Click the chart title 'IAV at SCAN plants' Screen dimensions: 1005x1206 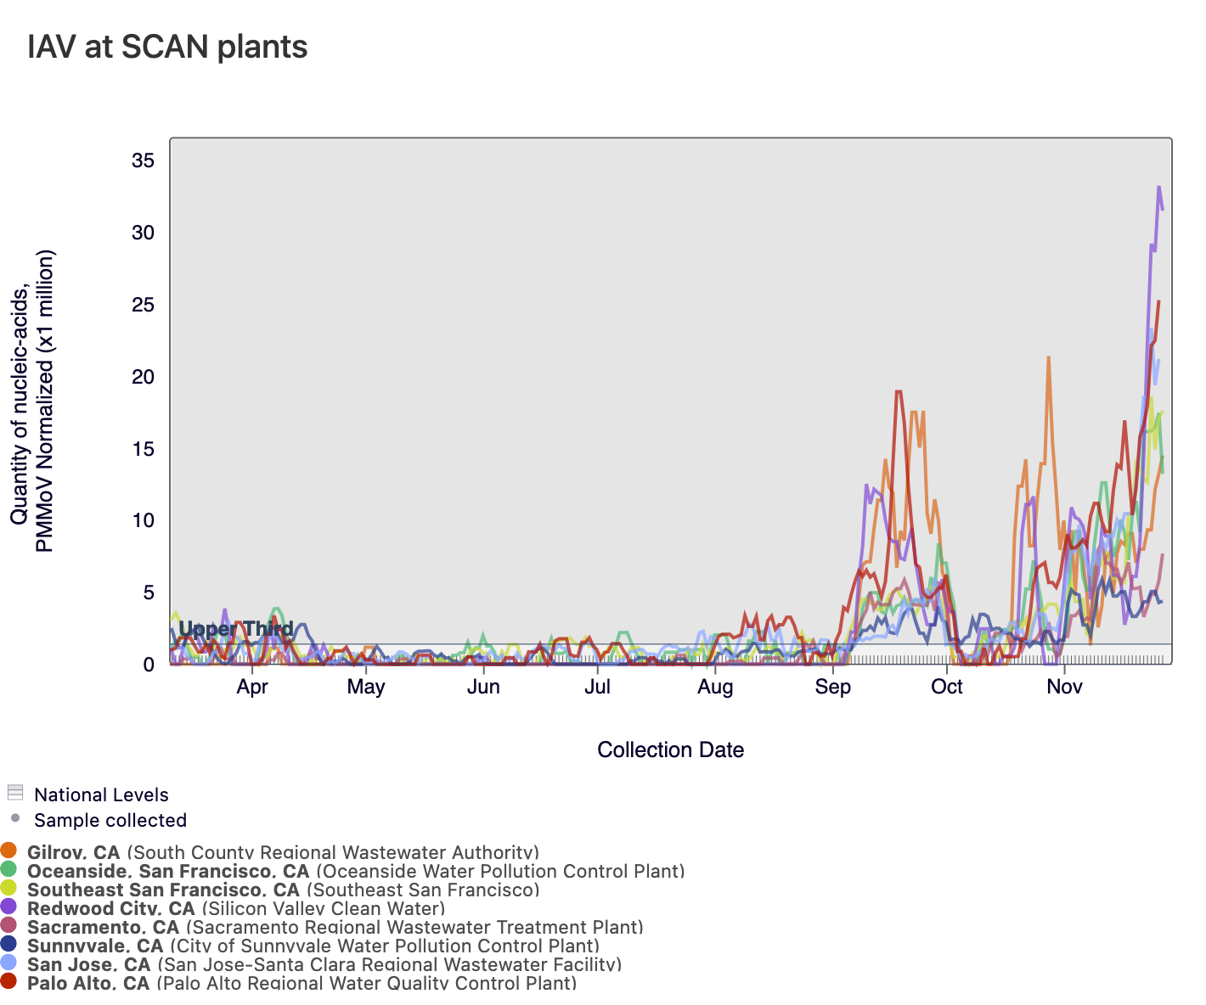(x=167, y=47)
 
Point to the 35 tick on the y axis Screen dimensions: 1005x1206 (x=143, y=160)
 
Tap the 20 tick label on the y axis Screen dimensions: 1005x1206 (x=143, y=377)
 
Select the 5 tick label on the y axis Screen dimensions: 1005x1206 (x=149, y=592)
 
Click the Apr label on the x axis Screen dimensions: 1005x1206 (x=252, y=687)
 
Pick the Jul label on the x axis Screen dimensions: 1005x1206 (x=597, y=687)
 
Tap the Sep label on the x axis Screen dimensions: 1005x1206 (x=832, y=687)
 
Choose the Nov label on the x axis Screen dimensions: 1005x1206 (x=1064, y=687)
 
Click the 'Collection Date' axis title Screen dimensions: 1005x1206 (x=670, y=750)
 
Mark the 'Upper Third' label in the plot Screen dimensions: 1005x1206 (x=236, y=629)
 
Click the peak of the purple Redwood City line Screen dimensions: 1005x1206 (x=1158, y=187)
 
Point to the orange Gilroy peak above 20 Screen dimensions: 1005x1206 (x=1049, y=357)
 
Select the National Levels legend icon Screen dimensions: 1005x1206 (x=14, y=793)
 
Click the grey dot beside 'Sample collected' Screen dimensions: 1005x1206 (x=14, y=819)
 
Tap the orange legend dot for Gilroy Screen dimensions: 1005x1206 (x=9, y=851)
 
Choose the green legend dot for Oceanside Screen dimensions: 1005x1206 (x=9, y=869)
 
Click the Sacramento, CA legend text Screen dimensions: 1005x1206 (x=103, y=927)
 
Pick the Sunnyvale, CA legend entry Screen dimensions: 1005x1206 (x=95, y=946)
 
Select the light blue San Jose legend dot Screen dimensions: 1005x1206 (x=9, y=963)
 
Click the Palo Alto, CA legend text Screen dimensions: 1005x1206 (x=88, y=983)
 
